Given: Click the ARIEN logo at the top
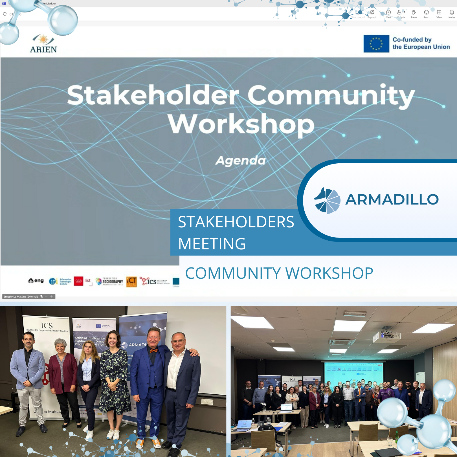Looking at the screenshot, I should tap(43, 44).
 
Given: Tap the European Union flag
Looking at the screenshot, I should tap(376, 44).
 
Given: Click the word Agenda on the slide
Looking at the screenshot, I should tap(241, 161).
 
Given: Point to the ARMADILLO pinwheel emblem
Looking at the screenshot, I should tap(327, 200).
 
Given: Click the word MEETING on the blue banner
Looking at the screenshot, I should tap(212, 244).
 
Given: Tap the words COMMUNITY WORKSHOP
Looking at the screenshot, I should tap(279, 273).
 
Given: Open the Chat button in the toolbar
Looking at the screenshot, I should tap(388, 14).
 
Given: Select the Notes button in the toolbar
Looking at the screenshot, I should tap(452, 14).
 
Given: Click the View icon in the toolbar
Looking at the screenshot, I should tap(439, 14).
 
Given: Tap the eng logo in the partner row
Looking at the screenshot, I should tap(36, 281).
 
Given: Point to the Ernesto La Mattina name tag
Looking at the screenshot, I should tap(21, 296).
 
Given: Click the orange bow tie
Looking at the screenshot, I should tap(154, 351).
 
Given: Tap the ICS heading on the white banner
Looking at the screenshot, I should tap(47, 326).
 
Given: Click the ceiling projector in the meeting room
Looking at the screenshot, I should tap(386, 335).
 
